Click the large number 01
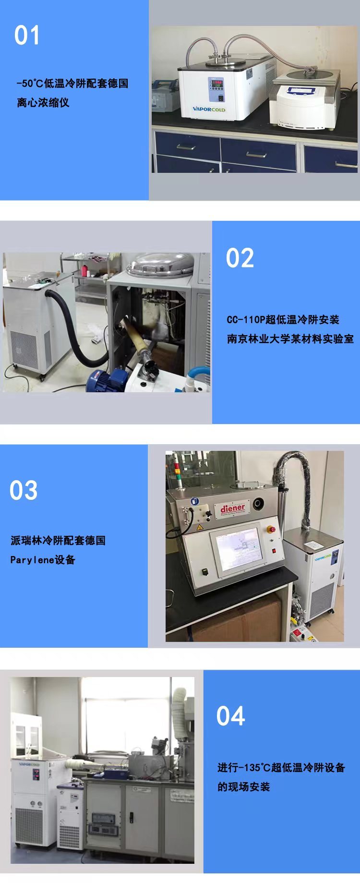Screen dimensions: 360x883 pyautogui.click(x=27, y=36)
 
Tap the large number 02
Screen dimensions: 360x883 pyautogui.click(x=240, y=258)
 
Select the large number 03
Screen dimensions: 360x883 pyautogui.click(x=24, y=490)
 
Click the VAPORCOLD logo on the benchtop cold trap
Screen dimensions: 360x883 pyautogui.click(x=209, y=109)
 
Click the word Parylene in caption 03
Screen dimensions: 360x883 pyautogui.click(x=32, y=560)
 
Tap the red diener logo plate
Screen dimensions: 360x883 pyautogui.click(x=233, y=508)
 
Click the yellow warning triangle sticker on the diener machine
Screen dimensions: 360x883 pyautogui.click(x=200, y=527)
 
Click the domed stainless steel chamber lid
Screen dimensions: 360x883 pyautogui.click(x=160, y=265)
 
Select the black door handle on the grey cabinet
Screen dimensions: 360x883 pyautogui.click(x=131, y=818)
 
